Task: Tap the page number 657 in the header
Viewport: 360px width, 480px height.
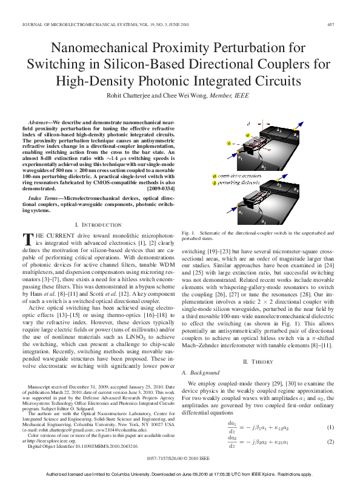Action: pyautogui.click(x=331, y=25)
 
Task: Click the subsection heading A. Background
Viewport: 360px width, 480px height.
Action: pyautogui.click(x=204, y=373)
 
